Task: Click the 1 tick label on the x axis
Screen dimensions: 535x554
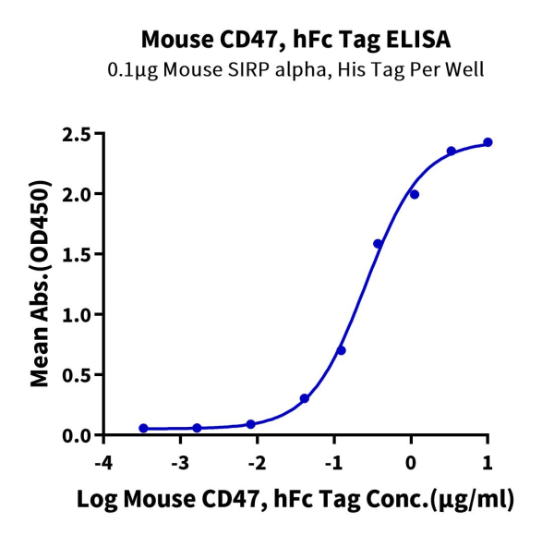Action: [488, 461]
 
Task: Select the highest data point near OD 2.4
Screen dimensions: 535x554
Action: [488, 142]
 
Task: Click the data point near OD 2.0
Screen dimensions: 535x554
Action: [415, 194]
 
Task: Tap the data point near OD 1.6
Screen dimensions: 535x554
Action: [378, 244]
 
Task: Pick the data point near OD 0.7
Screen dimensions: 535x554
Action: [341, 350]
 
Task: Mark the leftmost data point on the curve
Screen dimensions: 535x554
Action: [143, 428]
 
